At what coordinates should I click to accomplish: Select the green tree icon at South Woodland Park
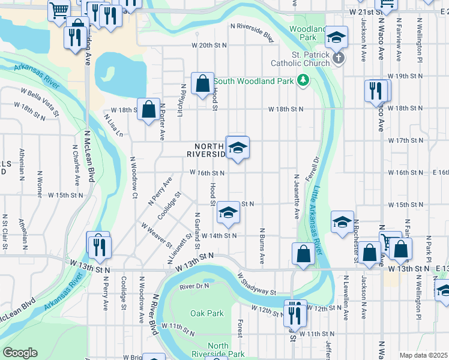(x=304, y=80)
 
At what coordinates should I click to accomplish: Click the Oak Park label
(x=206, y=313)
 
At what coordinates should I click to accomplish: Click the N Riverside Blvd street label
(x=252, y=32)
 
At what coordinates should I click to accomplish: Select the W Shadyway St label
(x=256, y=285)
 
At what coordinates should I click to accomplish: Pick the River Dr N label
(x=194, y=287)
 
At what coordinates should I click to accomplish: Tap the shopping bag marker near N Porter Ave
(x=148, y=109)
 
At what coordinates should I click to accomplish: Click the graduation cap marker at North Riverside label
(x=238, y=148)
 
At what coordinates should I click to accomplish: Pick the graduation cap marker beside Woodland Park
(x=337, y=37)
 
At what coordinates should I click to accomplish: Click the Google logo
(x=20, y=353)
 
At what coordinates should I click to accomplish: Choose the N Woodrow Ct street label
(x=133, y=178)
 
